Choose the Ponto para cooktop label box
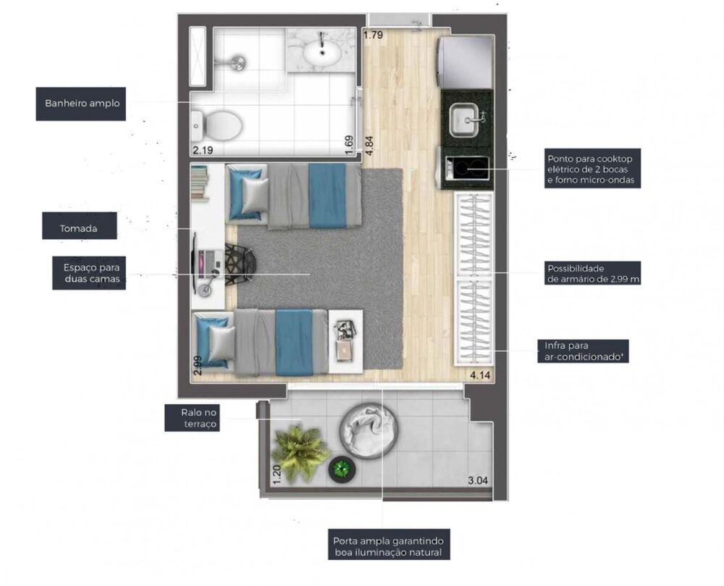coord(592,169)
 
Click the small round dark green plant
coord(342,469)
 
